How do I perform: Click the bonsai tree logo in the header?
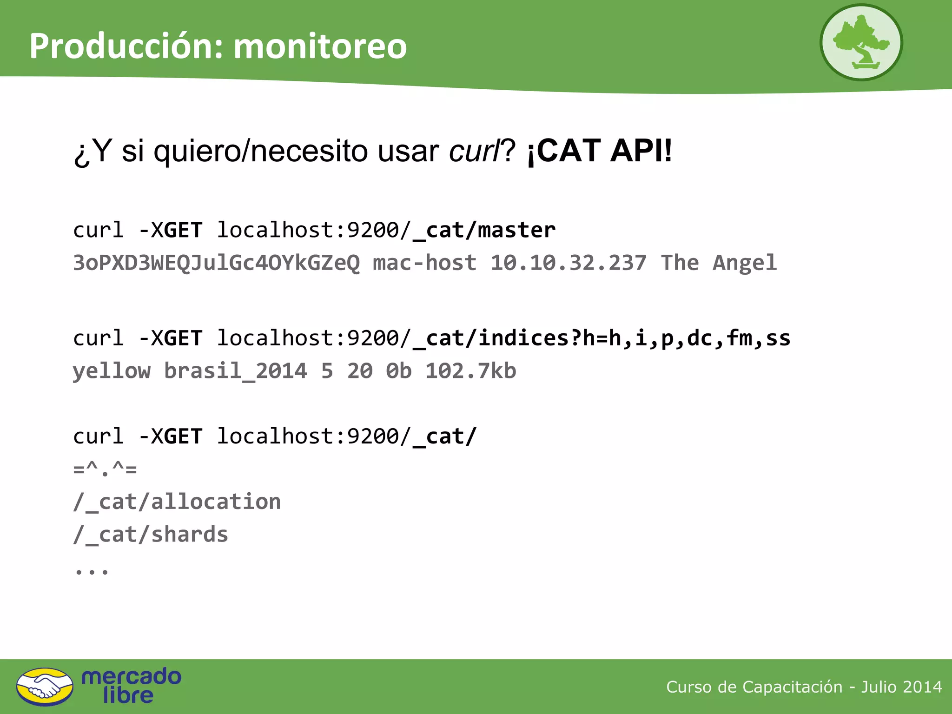pos(861,42)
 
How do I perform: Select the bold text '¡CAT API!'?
pos(600,151)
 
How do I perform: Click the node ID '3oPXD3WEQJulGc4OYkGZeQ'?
pos(217,263)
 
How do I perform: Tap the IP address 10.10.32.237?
pos(569,263)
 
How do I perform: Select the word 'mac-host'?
pos(425,263)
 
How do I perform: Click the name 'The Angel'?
pos(719,263)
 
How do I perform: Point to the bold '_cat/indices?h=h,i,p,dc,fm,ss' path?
pos(602,338)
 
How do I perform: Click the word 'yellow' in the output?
pos(112,371)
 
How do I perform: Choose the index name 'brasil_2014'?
pos(236,371)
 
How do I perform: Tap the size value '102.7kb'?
pos(471,371)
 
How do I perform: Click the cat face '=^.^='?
pos(105,469)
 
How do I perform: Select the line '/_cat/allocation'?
pos(177,502)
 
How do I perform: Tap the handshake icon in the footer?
pos(45,687)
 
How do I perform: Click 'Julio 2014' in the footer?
pos(901,687)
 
